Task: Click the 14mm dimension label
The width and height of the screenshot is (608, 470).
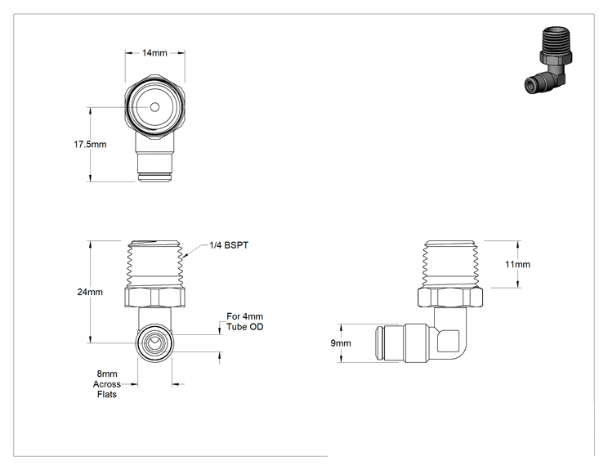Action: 154,53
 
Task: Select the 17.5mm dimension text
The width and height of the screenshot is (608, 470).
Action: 90,144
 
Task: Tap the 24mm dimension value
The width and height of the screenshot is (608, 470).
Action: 90,292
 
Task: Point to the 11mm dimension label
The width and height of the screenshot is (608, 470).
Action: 517,264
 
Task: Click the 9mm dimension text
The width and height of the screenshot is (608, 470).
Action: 341,343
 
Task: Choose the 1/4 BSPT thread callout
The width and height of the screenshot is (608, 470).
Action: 229,245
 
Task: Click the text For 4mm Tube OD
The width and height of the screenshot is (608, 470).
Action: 244,322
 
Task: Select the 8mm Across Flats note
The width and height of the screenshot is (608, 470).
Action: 106,384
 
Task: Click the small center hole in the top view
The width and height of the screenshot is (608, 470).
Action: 154,107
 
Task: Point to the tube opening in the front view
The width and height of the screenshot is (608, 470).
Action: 154,343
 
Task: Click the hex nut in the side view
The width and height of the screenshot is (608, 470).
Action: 450,298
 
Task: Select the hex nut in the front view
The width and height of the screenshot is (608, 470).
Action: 154,298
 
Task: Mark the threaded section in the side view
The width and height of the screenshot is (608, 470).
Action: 450,264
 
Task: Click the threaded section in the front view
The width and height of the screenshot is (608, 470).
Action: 155,264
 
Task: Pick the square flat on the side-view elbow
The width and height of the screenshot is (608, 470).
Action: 448,341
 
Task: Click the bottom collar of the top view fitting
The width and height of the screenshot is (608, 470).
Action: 154,178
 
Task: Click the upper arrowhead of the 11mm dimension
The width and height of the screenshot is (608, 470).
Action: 518,244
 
